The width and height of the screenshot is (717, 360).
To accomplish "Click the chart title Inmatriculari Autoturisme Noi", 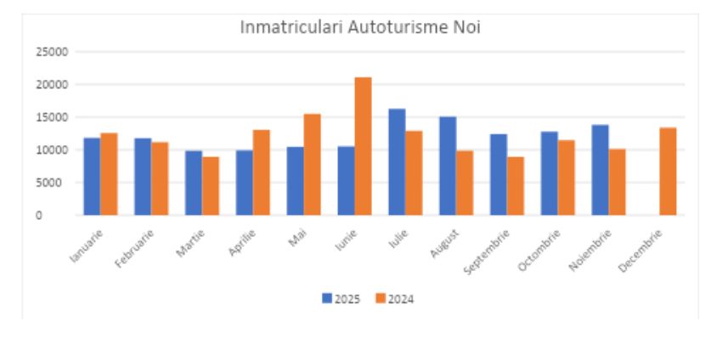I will (x=360, y=27).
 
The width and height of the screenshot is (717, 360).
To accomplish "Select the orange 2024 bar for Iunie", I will (x=363, y=146).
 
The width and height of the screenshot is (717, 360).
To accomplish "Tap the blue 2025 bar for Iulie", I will (x=397, y=162).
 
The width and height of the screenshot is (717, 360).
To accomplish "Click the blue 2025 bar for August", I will (x=448, y=166).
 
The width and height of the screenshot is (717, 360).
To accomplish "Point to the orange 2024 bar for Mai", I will (x=312, y=165).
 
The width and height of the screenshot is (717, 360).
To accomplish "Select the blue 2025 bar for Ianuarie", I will (x=92, y=177).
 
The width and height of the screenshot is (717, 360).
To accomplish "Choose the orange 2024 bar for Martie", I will (x=211, y=186).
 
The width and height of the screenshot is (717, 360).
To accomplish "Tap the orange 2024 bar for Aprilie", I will (x=262, y=172).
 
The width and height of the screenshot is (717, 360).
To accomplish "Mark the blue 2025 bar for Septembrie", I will (x=499, y=175).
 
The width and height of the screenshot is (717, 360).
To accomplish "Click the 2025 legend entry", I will (x=342, y=298).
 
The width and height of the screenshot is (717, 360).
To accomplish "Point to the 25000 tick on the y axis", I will (x=53, y=52).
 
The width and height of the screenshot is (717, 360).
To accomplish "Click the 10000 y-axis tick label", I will (x=53, y=150).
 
